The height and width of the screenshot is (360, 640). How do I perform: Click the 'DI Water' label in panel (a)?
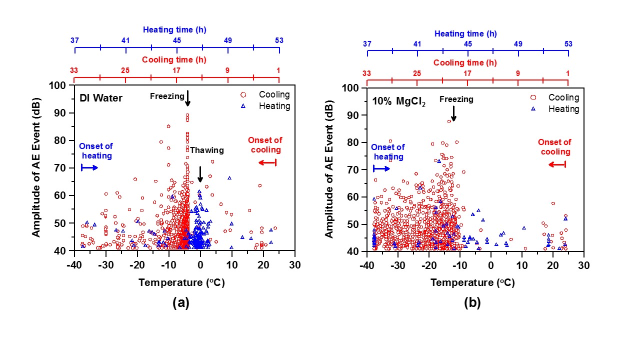pyautogui.click(x=101, y=98)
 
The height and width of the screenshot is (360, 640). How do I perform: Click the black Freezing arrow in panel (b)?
pyautogui.click(x=453, y=113)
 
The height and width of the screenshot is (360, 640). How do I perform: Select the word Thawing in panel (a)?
pyautogui.click(x=207, y=150)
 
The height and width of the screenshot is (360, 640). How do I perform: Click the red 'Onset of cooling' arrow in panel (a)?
pyautogui.click(x=267, y=162)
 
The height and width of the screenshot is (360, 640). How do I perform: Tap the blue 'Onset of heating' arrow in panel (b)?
pyautogui.click(x=381, y=169)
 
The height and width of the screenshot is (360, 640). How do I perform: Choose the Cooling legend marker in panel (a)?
pyautogui.click(x=243, y=94)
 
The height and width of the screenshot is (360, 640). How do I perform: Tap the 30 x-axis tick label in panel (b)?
pyautogui.click(x=583, y=265)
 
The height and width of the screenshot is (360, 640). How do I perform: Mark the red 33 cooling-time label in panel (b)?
pyautogui.click(x=366, y=73)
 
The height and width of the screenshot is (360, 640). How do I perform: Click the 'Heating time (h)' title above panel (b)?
pyautogui.click(x=465, y=34)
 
